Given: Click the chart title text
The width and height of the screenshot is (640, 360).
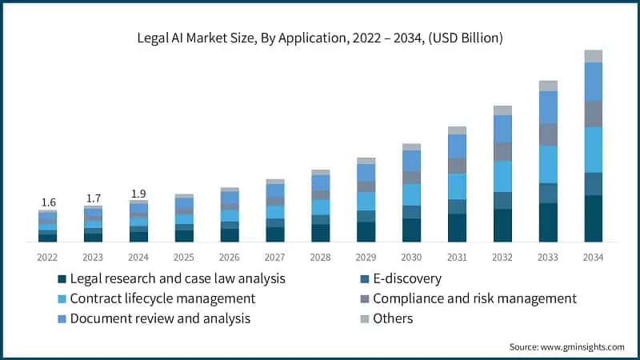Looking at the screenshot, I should (320, 38).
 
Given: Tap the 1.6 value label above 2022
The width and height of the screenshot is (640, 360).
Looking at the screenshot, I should (47, 202).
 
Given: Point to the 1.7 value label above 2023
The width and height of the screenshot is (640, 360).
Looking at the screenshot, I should (93, 198).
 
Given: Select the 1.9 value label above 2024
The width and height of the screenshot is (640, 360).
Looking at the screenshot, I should (138, 193).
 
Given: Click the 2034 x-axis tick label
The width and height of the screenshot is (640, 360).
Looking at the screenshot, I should (593, 257).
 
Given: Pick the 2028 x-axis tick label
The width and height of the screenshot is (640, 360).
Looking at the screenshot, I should (320, 257).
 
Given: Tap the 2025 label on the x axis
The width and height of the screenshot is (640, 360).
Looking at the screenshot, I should (184, 257).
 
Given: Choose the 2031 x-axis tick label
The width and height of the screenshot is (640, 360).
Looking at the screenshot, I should (457, 257).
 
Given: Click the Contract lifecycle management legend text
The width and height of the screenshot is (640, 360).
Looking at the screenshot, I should (162, 298).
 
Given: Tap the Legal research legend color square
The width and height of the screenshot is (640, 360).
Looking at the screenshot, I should (62, 279).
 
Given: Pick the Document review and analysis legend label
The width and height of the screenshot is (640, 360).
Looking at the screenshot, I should (160, 318).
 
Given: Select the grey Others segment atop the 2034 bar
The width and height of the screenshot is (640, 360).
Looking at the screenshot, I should (593, 56).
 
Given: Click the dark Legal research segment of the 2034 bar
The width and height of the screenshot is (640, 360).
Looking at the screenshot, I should (593, 218).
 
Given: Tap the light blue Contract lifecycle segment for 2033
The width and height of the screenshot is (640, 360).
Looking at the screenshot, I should (548, 164).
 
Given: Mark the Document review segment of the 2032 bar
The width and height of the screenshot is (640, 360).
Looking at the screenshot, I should (502, 129).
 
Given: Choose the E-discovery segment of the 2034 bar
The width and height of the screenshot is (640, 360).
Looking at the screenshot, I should (593, 184).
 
